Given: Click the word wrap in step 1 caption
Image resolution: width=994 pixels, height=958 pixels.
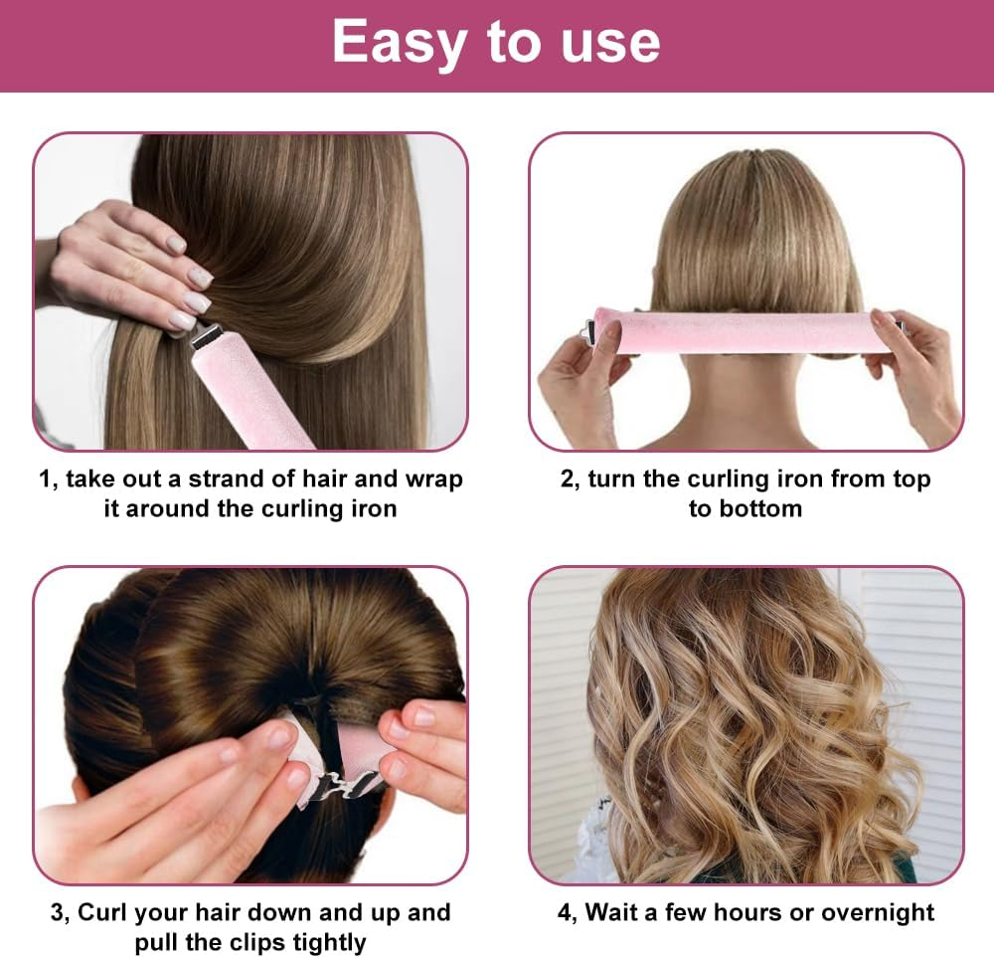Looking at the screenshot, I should (433, 479).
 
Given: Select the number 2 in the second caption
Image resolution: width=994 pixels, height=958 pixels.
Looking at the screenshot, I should (568, 479).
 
